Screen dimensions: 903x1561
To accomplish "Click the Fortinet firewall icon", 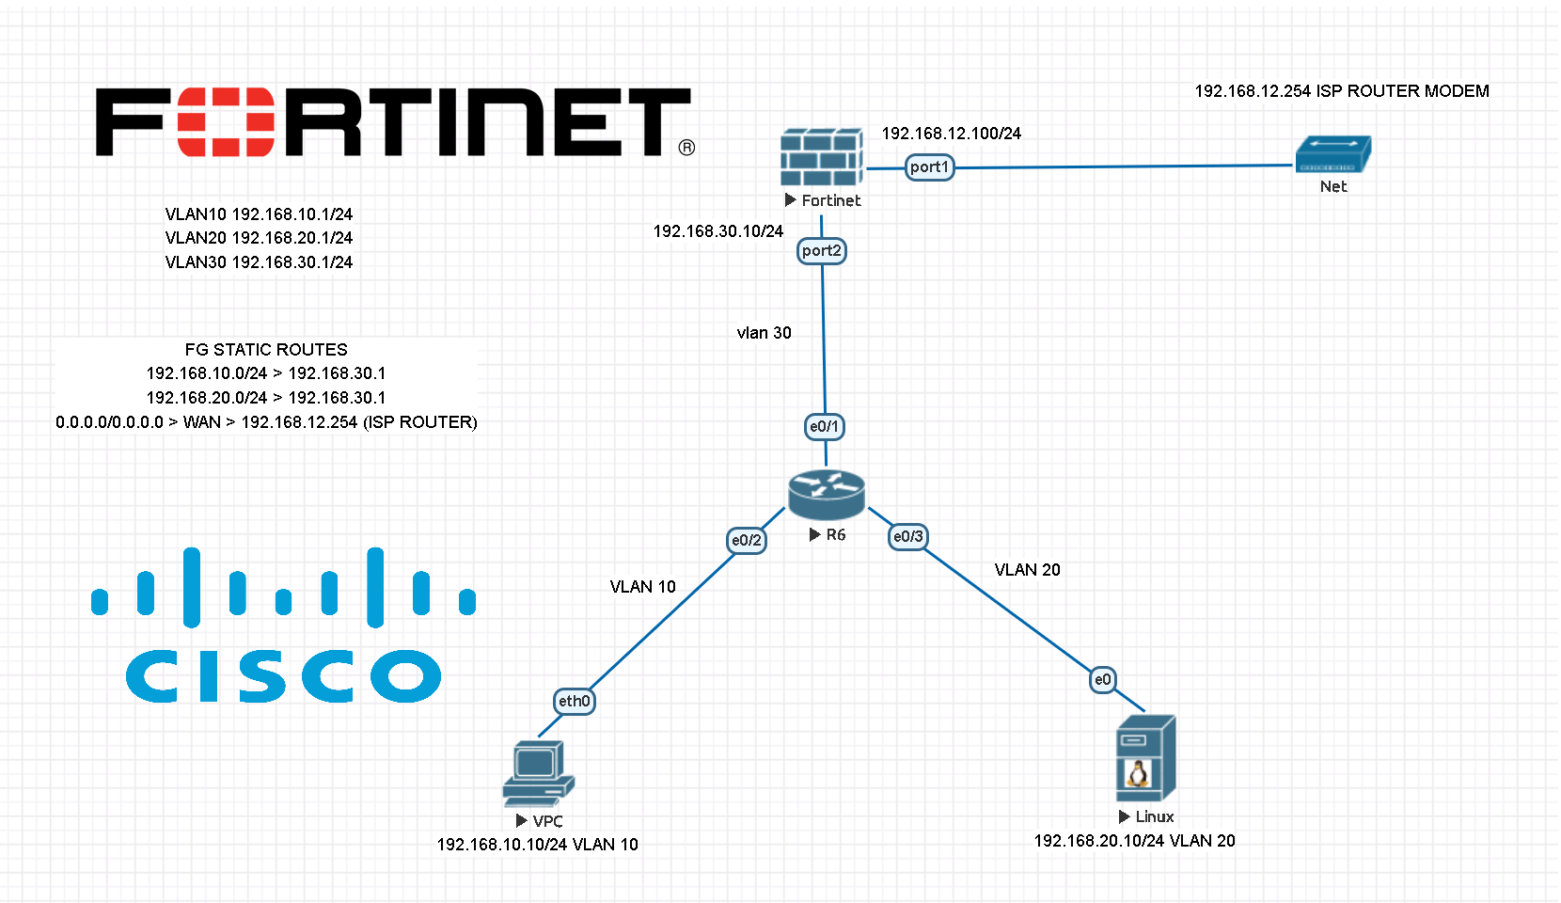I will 821,157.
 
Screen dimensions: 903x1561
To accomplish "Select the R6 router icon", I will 826,494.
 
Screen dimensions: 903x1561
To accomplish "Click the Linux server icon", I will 1145,758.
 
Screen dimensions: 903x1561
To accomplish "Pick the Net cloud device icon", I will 1332,155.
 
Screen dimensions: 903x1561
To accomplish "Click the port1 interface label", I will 929,167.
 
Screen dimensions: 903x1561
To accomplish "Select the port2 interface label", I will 822,251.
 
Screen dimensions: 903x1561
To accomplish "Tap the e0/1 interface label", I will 825,427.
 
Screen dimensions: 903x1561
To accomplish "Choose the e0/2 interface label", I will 747,541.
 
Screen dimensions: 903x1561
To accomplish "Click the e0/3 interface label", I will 908,537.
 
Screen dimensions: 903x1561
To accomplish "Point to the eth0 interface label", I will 574,702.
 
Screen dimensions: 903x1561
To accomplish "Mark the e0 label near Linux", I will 1103,680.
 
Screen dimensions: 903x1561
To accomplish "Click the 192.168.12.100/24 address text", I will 951,134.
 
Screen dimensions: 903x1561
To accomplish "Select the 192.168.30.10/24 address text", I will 717,231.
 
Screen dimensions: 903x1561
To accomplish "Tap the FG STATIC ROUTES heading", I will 266,350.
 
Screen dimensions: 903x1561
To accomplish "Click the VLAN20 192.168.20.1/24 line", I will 259,238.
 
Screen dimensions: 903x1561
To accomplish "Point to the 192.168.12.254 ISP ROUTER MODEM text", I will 1341,91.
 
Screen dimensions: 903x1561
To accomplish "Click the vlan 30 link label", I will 764,333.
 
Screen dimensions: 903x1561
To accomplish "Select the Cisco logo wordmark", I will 283,675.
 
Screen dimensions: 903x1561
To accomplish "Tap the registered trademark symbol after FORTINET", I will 686,148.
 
